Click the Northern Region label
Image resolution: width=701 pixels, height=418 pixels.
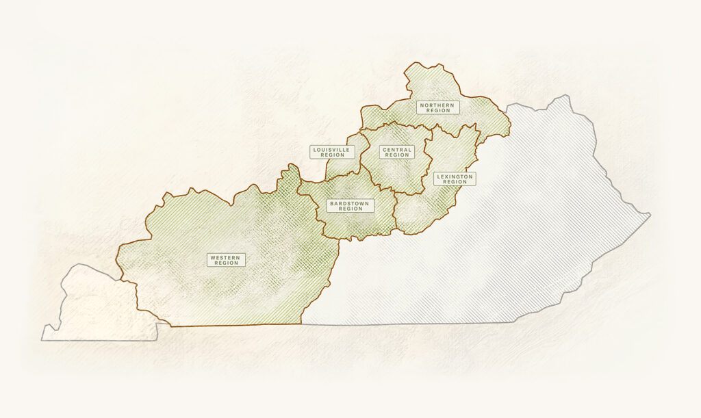(x=437, y=107)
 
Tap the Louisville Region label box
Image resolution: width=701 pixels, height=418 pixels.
(x=332, y=152)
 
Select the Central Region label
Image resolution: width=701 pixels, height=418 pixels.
(x=397, y=152)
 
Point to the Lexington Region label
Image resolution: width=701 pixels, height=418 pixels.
(x=455, y=179)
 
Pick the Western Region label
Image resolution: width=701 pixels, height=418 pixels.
(x=226, y=260)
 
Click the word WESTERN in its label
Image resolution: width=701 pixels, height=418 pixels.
(x=226, y=257)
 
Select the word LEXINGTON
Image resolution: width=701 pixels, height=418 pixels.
(x=455, y=177)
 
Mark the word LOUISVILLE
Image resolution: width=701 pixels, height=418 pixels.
(x=332, y=149)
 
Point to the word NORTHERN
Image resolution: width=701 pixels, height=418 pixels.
(x=437, y=105)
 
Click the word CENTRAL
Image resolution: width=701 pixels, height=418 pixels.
(x=397, y=149)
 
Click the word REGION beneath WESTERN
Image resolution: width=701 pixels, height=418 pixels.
(x=226, y=263)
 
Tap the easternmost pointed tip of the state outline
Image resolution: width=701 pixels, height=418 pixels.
(x=650, y=215)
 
